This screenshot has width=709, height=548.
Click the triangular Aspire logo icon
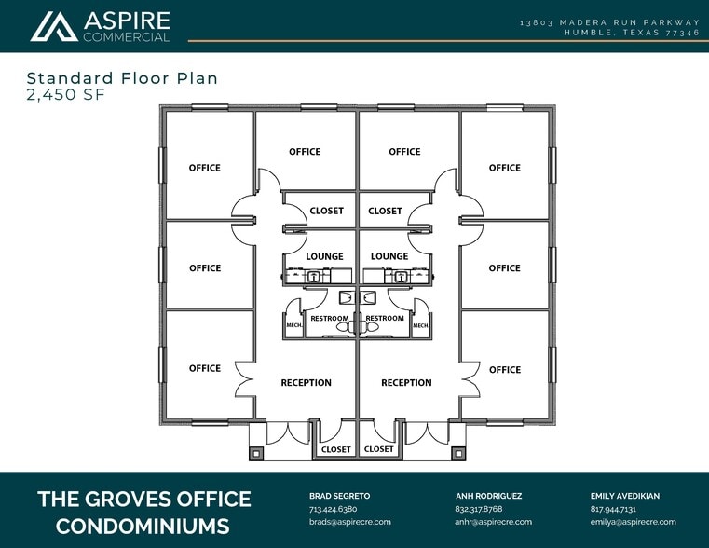53,26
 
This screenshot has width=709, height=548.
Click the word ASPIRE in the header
127,21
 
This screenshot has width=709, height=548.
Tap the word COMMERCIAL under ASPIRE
127,37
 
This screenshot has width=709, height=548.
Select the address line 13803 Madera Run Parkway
609,21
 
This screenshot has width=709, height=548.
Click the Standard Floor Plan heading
122,78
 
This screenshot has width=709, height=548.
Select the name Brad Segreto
341,497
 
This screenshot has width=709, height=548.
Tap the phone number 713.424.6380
334,510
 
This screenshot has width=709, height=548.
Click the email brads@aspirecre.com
350,522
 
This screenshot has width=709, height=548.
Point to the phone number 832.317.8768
479,510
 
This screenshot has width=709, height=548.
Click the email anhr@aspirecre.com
494,522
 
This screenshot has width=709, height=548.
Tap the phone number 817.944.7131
613,510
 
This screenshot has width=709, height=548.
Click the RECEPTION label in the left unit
306,383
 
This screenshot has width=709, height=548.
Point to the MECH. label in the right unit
420,325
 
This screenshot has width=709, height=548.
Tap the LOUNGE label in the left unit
324,256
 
